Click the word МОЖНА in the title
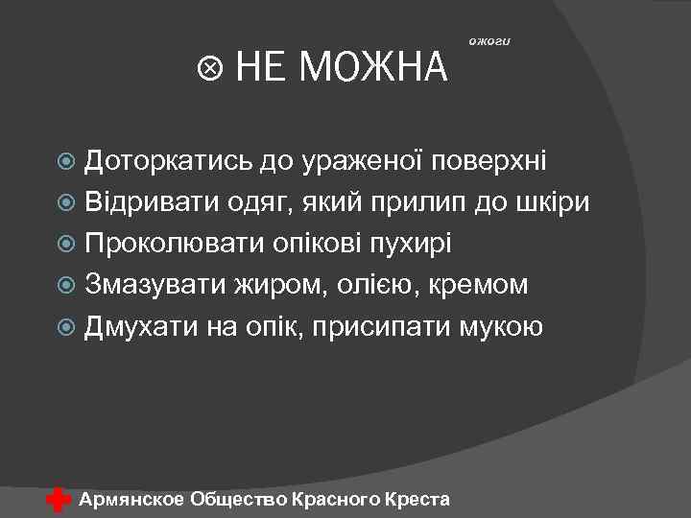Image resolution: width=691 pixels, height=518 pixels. click(374, 68)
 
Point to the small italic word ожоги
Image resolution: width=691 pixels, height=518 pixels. click(492, 40)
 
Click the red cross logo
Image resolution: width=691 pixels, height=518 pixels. click(59, 499)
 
